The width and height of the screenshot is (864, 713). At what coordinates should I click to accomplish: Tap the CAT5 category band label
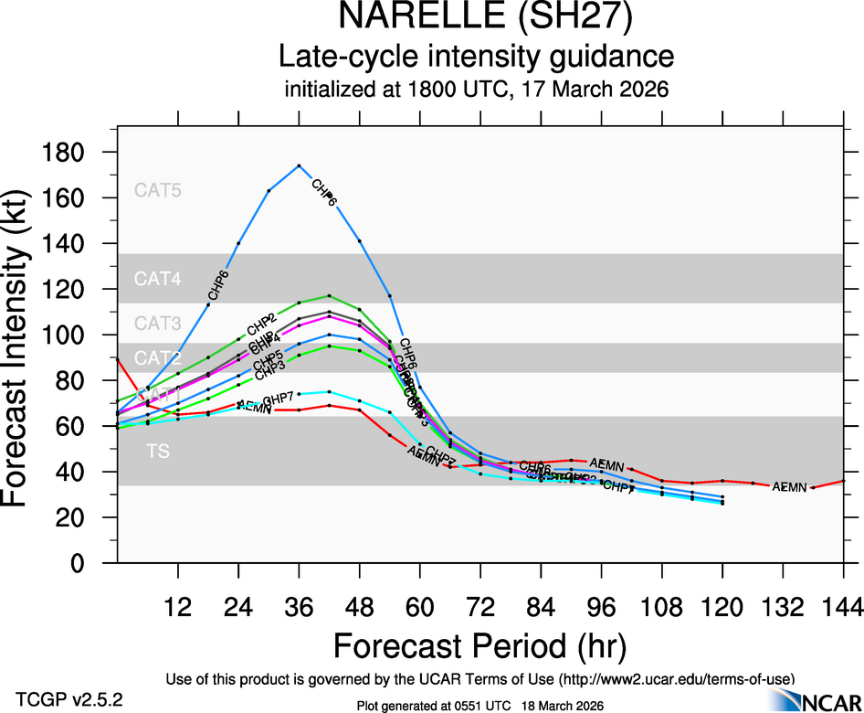158,191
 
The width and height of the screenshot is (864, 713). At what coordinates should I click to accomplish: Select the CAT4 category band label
158,279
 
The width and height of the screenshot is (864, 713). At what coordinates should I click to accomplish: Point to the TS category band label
158,452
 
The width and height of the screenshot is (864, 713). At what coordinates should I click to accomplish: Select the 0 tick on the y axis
91,563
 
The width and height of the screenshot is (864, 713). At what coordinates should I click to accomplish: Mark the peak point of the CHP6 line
299,165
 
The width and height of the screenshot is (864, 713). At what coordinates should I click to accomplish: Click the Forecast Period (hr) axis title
480,646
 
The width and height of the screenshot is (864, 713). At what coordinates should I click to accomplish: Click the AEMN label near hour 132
789,487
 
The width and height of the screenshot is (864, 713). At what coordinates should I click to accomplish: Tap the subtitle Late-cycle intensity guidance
476,57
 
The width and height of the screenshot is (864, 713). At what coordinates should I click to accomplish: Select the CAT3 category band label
158,323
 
